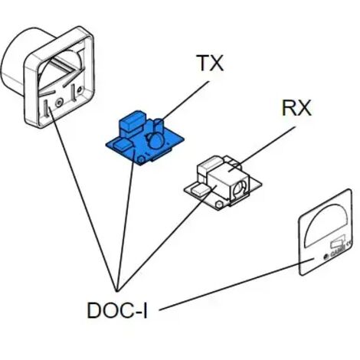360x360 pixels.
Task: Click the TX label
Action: [x=211, y=63]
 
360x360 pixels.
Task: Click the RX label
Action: [x=296, y=108]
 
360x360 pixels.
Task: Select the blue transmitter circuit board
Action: [x=145, y=138]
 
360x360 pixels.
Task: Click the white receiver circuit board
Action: [x=223, y=182]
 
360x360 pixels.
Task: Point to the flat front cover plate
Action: [x=326, y=232]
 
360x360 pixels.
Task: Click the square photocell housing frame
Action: [x=59, y=77]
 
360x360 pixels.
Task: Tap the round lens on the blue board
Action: [x=155, y=141]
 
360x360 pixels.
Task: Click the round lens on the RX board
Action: [x=240, y=188]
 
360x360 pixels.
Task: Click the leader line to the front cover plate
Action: [x=237, y=284]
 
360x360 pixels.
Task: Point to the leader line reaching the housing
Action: [x=83, y=199]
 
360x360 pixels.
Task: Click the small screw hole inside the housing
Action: [x=59, y=103]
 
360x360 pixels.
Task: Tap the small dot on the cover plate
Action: [x=326, y=257]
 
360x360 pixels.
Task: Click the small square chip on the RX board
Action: [x=200, y=189]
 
